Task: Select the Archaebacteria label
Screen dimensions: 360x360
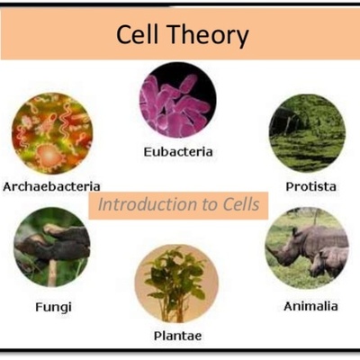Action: point(51,186)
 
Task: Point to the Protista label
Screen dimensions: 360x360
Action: point(310,186)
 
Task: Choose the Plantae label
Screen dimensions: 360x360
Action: point(176,336)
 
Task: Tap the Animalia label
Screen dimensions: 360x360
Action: point(310,306)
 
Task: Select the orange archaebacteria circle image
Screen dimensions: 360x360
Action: point(51,134)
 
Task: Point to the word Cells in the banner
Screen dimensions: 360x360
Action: point(237,205)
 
